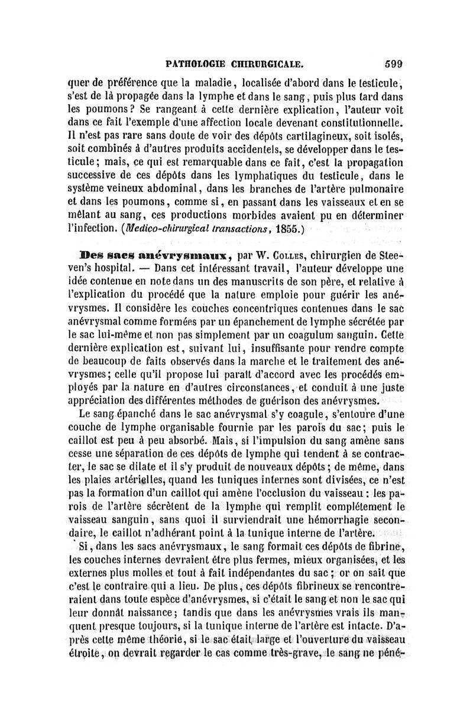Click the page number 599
pos(393,60)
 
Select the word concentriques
pos(255,307)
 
